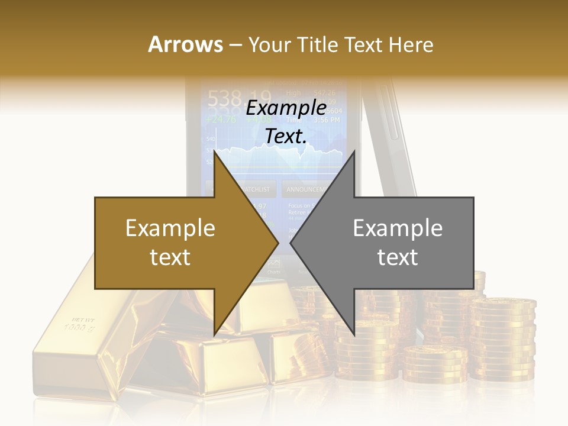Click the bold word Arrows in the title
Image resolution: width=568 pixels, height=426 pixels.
(x=186, y=44)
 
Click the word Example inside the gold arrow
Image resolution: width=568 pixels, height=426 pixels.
(x=170, y=228)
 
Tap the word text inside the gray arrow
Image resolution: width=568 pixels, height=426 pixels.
(x=398, y=257)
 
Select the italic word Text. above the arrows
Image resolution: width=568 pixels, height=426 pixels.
(x=286, y=136)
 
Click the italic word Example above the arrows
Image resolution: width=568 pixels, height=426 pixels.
(x=286, y=108)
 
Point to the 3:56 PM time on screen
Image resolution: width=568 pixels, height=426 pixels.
(x=326, y=120)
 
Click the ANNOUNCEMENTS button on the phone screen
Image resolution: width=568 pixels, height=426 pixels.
(x=306, y=189)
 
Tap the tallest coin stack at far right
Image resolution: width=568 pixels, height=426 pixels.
(x=503, y=337)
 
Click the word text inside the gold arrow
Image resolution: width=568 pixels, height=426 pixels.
(x=170, y=257)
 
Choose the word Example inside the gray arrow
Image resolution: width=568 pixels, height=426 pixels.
(x=398, y=228)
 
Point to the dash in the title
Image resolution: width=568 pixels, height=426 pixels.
(x=234, y=46)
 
